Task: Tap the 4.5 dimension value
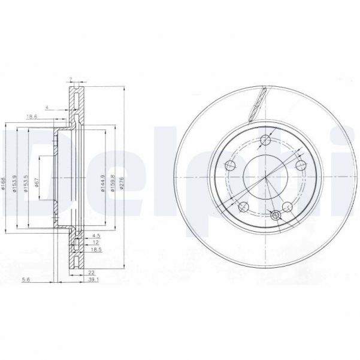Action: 95,237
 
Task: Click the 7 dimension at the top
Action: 70,80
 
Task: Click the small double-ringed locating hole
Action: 276,216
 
